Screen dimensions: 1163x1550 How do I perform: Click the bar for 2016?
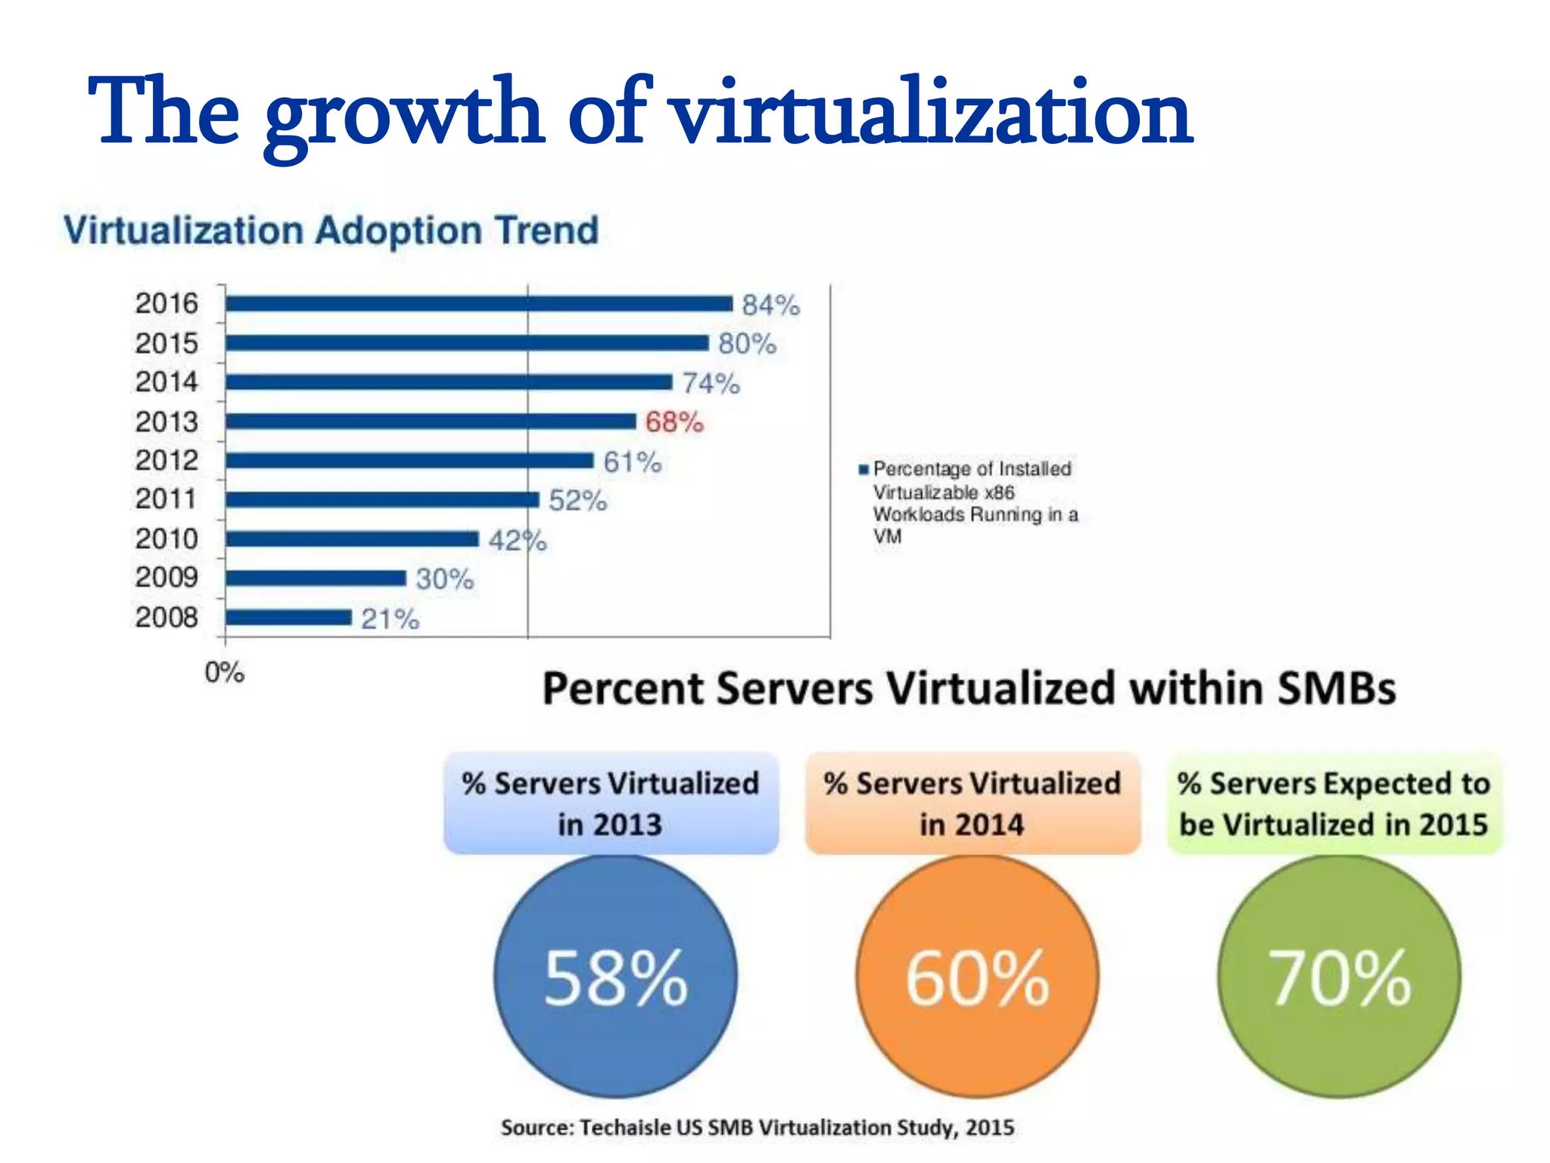(478, 304)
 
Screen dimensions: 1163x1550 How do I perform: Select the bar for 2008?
(288, 618)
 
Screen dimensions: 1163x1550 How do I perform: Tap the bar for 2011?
(382, 500)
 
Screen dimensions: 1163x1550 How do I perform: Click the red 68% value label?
(674, 422)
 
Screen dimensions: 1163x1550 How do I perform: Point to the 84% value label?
(770, 305)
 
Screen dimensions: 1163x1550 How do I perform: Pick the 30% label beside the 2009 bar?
(444, 579)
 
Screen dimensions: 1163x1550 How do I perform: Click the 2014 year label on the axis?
(167, 382)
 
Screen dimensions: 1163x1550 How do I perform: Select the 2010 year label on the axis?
(167, 539)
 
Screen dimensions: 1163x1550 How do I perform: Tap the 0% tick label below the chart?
(224, 672)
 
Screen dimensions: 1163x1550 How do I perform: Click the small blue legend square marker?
(863, 469)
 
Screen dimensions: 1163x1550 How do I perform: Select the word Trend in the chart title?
(546, 230)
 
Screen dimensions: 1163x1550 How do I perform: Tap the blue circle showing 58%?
(615, 977)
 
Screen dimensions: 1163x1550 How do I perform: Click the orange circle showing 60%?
(977, 977)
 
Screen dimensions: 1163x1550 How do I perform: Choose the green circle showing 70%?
(1339, 977)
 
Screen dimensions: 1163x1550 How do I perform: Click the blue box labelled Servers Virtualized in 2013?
(611, 803)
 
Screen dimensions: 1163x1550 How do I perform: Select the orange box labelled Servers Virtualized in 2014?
(973, 803)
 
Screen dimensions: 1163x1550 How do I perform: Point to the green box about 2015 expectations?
(1334, 803)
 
